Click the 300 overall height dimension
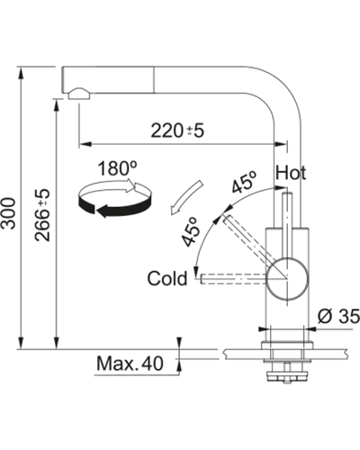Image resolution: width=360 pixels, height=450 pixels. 10,213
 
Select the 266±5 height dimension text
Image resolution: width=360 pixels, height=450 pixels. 41,215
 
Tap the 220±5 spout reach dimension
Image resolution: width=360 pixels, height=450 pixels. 177,130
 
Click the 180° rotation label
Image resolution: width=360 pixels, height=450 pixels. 117,168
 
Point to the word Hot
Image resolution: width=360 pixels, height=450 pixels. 291,173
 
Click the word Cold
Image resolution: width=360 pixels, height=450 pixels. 167,278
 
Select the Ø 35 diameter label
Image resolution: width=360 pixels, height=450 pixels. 338,316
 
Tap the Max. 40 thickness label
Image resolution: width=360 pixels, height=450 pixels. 130,364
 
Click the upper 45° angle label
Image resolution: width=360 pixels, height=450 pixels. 245,182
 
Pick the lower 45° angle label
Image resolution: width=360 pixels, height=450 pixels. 191,231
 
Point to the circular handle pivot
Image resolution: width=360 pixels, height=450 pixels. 287,276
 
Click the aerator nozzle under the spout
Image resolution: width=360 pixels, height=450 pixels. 79,94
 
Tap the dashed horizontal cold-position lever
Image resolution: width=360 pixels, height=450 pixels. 233,279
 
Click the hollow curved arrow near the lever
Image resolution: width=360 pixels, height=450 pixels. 186,197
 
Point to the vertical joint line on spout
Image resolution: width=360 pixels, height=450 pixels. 155,80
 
